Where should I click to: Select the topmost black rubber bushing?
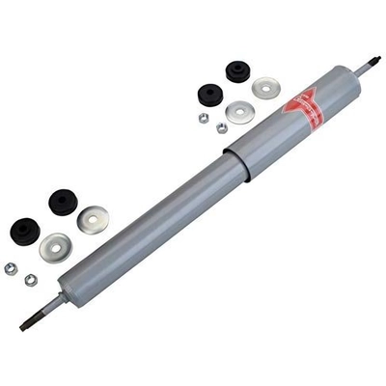click(x=236, y=70)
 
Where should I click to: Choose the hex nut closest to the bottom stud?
click(x=31, y=279)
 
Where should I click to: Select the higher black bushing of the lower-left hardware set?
click(x=64, y=204)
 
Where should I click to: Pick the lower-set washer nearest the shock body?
click(x=94, y=220)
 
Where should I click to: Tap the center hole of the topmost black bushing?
click(x=236, y=69)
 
